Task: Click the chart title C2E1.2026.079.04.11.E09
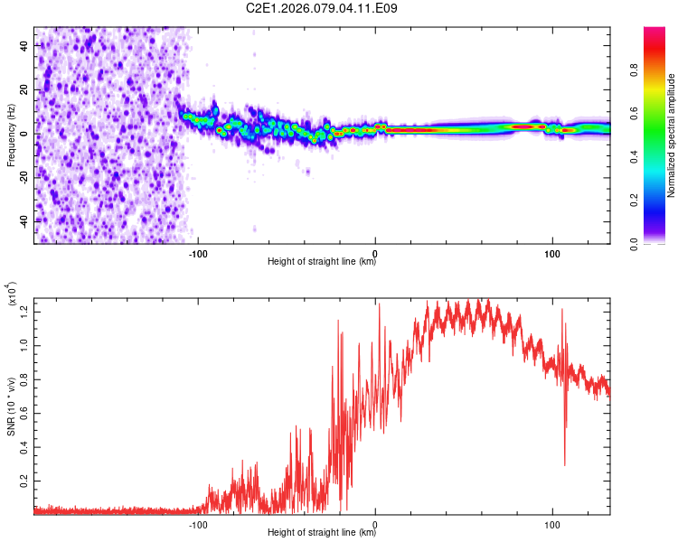(x=323, y=9)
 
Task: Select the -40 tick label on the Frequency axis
(x=23, y=221)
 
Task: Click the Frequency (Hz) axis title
(x=11, y=135)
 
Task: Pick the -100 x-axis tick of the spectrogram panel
(x=199, y=253)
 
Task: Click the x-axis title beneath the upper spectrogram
(x=322, y=263)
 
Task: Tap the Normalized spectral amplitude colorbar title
(x=672, y=135)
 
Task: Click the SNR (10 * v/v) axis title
(x=11, y=406)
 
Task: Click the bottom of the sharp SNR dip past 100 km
(x=565, y=464)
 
